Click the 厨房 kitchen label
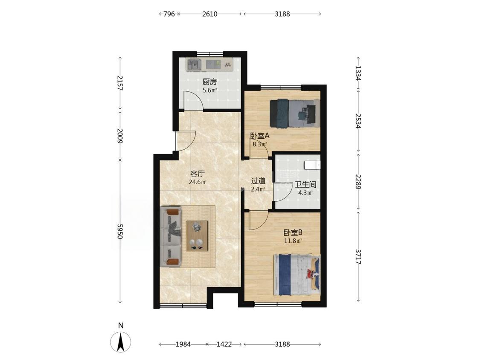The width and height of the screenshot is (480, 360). tap(209, 82)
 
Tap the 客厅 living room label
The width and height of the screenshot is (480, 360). tap(197, 174)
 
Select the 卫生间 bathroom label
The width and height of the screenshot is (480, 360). tap(305, 185)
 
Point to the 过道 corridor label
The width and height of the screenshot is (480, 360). tap(258, 181)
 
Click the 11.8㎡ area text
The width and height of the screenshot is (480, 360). tap(293, 241)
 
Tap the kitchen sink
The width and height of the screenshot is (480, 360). tap(194, 65)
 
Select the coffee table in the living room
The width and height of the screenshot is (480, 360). tap(197, 236)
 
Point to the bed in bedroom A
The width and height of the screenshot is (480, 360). tap(295, 113)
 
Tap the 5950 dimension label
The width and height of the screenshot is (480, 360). tap(120, 232)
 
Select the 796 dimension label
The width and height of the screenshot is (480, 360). tap(169, 14)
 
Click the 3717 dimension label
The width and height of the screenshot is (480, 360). tap(358, 256)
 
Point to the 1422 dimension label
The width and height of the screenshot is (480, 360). tap(224, 344)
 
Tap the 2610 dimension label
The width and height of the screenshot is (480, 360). tap(209, 14)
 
